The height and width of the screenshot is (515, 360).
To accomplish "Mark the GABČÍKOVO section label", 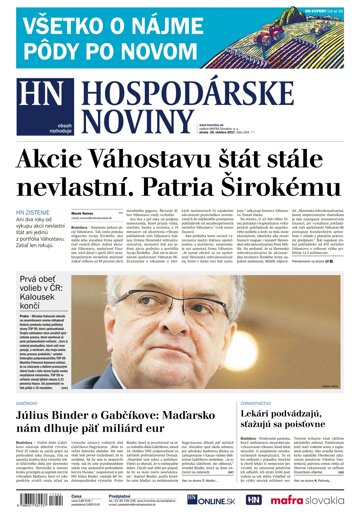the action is pyautogui.click(x=30, y=376).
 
